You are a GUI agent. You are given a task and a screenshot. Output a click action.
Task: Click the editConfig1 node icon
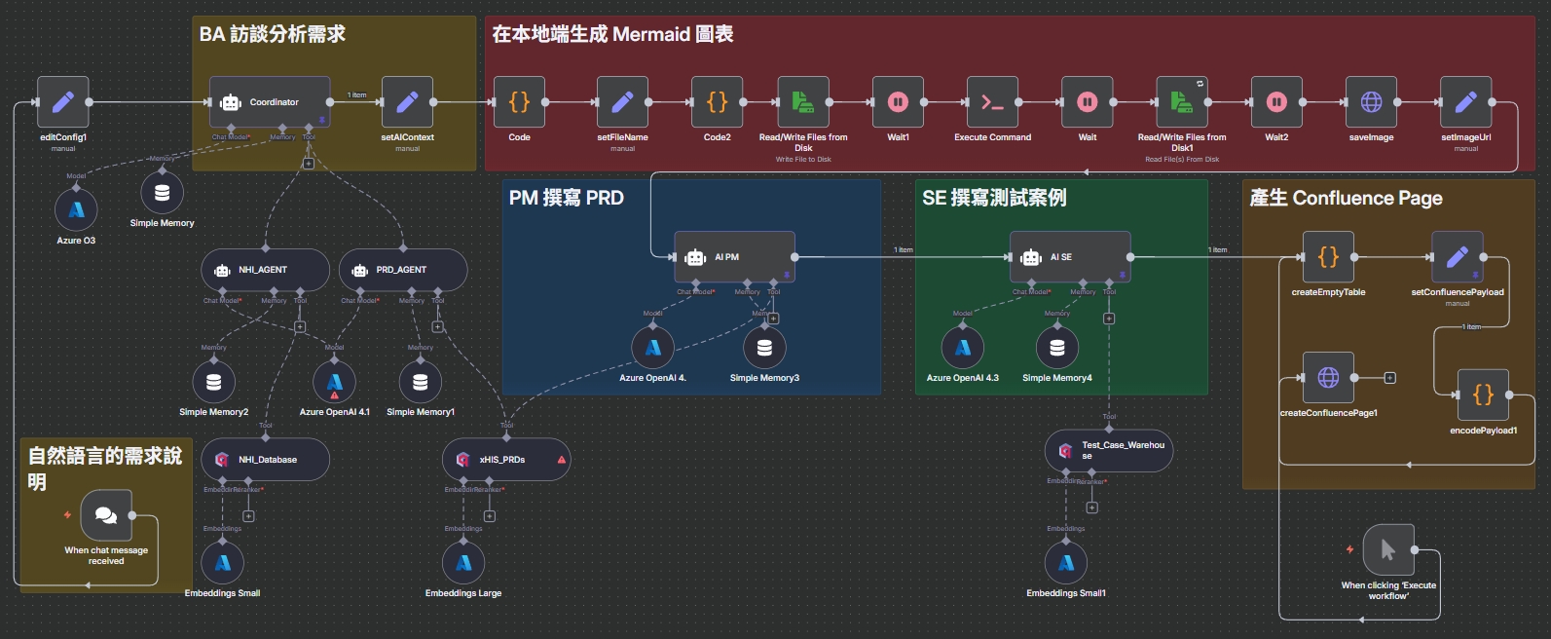click(63, 101)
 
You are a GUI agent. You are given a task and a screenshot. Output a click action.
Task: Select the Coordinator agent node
click(270, 101)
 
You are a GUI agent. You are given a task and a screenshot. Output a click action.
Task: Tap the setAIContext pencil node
click(407, 101)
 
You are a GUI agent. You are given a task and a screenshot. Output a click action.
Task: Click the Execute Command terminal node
click(992, 101)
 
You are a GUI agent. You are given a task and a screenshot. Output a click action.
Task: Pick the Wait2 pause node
click(1275, 101)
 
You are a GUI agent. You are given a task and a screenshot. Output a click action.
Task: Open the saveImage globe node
click(1371, 101)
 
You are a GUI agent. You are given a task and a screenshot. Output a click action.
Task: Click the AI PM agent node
click(734, 257)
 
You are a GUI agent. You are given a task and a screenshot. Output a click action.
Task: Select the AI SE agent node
click(1069, 257)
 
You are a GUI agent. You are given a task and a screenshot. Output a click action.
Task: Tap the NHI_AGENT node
click(265, 270)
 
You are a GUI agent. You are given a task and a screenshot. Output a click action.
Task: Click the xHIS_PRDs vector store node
click(505, 459)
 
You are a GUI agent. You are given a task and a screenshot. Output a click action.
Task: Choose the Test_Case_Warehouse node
click(1109, 450)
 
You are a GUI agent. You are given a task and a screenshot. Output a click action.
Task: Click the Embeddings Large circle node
click(463, 563)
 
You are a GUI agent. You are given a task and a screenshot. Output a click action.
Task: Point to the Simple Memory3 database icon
click(764, 348)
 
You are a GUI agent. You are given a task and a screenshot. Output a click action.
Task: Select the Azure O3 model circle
click(76, 209)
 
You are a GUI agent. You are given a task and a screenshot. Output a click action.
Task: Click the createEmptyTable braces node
click(1328, 257)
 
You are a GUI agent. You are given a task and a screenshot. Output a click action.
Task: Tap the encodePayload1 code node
click(1483, 395)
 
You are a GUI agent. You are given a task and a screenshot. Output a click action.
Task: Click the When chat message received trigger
click(106, 515)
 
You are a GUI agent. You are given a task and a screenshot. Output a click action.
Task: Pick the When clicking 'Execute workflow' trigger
click(1388, 550)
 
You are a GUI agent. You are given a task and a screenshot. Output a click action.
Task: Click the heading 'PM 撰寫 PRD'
click(566, 198)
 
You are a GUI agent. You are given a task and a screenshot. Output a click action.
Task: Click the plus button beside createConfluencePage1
click(1389, 378)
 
